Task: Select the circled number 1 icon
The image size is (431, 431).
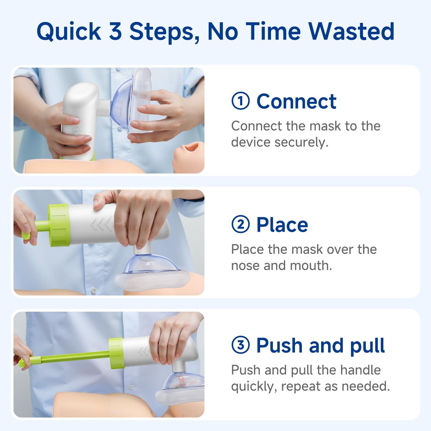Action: coord(241,101)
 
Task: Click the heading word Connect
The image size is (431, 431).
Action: coord(296,101)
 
